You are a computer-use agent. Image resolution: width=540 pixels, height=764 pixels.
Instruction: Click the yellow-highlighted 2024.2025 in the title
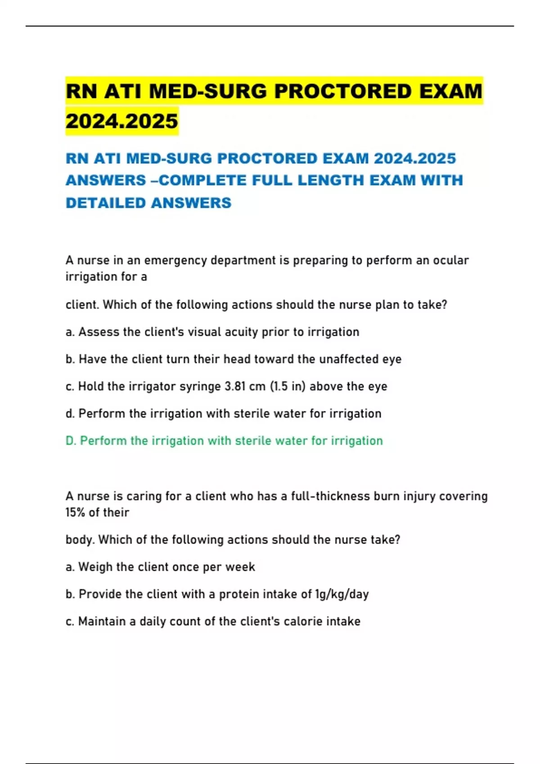coord(122,121)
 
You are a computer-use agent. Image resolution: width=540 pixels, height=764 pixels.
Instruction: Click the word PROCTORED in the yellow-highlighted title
coord(342,91)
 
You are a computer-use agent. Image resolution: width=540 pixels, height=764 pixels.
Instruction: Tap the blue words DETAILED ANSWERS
coord(148,203)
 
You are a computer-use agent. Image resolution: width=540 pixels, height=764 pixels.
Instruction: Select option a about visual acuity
coord(212,332)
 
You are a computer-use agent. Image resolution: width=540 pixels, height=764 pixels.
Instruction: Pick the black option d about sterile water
coord(224,413)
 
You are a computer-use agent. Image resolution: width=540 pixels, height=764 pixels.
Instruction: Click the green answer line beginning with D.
coord(224,441)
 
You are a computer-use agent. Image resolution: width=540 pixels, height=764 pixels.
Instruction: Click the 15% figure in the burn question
coord(75,512)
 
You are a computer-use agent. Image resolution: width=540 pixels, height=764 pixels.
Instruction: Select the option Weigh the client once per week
coord(160,567)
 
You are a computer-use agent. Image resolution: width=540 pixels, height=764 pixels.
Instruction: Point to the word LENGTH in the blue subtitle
coord(331,180)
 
